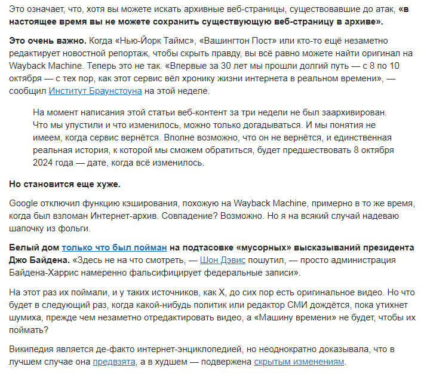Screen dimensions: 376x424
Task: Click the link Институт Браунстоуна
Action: (x=95, y=90)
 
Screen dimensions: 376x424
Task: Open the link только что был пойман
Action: (x=113, y=247)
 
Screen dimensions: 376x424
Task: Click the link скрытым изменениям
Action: (x=299, y=362)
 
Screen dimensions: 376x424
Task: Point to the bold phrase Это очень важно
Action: (x=47, y=40)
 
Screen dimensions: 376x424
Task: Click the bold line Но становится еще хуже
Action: (x=64, y=184)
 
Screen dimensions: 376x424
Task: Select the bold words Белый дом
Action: (x=33, y=247)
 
